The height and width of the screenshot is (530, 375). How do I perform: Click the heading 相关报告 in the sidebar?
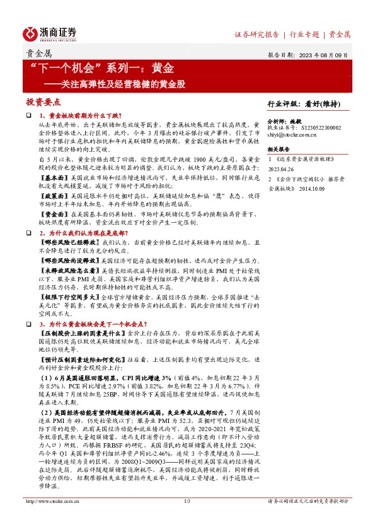[279, 149]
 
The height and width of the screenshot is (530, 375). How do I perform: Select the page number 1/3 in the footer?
[187, 519]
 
